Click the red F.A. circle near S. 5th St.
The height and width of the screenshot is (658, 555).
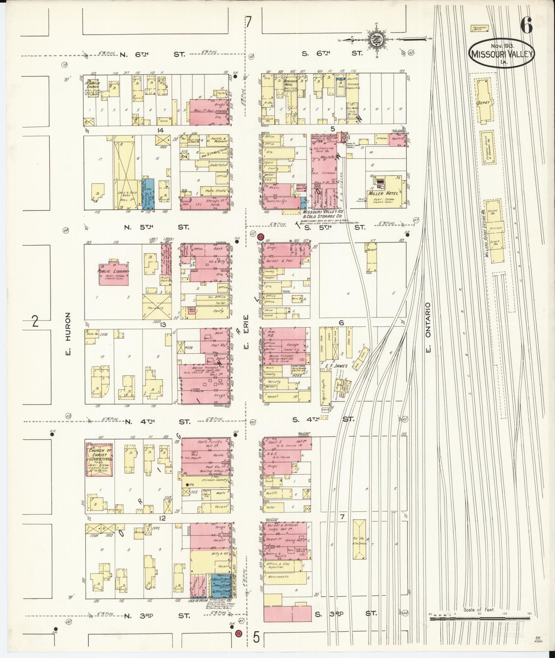261,237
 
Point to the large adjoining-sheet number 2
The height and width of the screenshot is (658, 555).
34,322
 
